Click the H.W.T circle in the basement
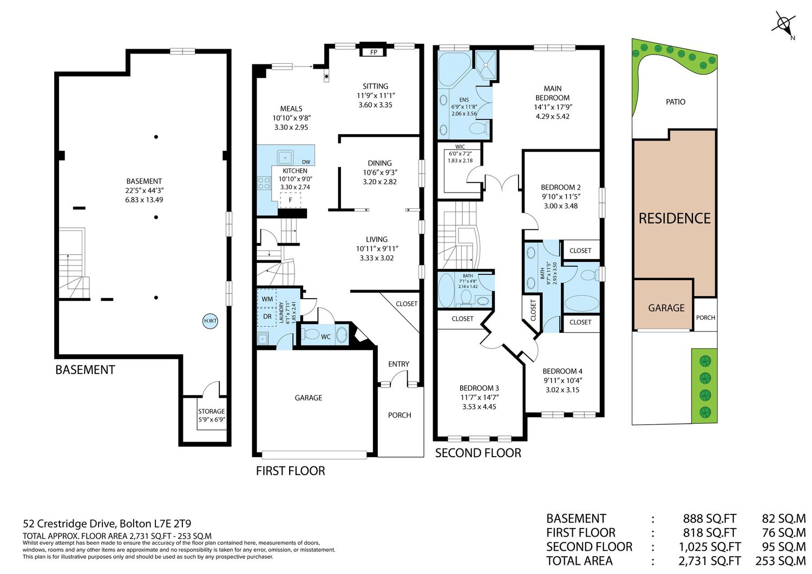[210, 321]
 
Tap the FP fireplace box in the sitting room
[374, 52]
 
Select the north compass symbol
[784, 25]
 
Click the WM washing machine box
[267, 299]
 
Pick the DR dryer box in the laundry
[267, 316]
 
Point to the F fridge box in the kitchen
[290, 200]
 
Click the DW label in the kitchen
[306, 162]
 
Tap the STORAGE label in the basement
[211, 411]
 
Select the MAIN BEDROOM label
[553, 93]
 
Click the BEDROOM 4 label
[562, 371]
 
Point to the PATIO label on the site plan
[676, 102]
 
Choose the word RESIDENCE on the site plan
[675, 219]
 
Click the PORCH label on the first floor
[400, 415]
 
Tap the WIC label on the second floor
[460, 147]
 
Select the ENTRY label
[399, 364]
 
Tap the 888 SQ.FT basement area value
[709, 519]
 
